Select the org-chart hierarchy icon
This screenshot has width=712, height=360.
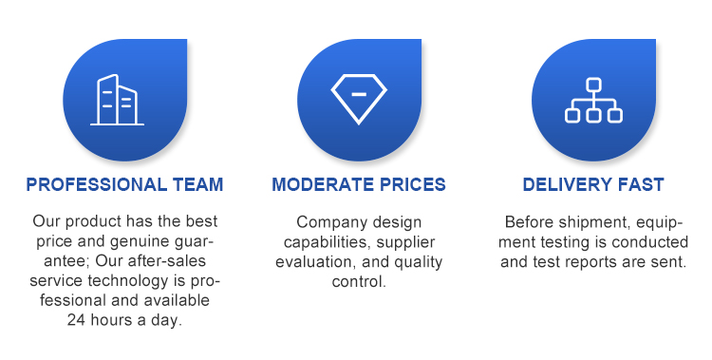coord(593,100)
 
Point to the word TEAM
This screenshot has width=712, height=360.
coord(198,184)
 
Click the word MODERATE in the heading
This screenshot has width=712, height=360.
coord(323,184)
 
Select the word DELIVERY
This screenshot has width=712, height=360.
coord(568,184)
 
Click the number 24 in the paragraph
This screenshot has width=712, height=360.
coord(77,320)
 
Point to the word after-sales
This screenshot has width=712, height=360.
coord(167,261)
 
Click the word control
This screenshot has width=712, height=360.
coord(359,282)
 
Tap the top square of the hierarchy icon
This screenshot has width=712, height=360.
coord(593,85)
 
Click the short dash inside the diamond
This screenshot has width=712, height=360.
coord(359,95)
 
